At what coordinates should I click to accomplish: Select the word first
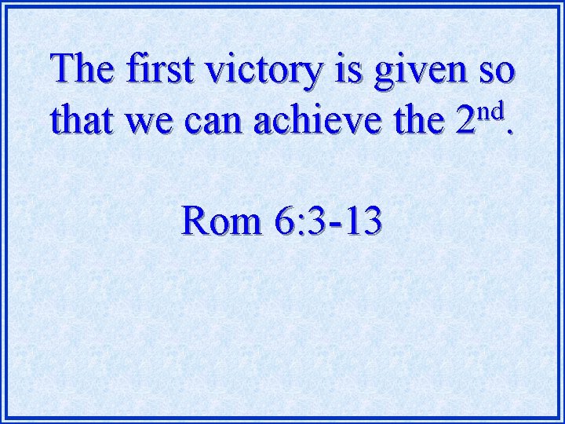[x=161, y=70]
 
